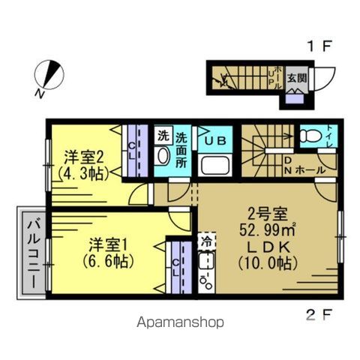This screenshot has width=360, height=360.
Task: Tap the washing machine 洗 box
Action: pyautogui.click(x=162, y=136)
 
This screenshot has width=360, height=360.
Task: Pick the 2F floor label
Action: pyautogui.click(x=319, y=313)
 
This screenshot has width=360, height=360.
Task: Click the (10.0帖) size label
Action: pyautogui.click(x=268, y=263)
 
